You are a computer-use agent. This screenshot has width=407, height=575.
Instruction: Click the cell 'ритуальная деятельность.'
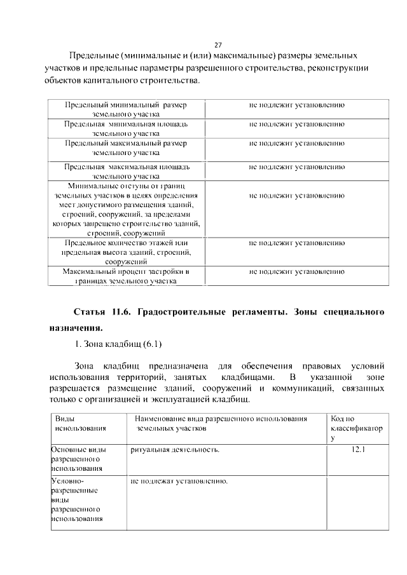(x=176, y=450)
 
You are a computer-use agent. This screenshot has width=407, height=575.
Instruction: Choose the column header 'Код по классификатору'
(x=355, y=428)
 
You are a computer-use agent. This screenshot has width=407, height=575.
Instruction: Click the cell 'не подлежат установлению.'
(x=179, y=480)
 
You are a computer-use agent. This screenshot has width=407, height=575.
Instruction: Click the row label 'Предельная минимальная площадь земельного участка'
(x=126, y=128)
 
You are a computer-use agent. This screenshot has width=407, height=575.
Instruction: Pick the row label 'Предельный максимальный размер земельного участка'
(x=126, y=148)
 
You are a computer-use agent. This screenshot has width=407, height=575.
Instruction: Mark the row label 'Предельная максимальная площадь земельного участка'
(x=126, y=172)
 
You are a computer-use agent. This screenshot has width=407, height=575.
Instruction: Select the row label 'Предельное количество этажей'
(x=126, y=252)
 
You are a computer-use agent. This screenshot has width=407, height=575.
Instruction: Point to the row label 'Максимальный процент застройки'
(x=126, y=276)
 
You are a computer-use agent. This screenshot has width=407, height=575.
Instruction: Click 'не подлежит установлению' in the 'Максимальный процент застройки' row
(x=296, y=272)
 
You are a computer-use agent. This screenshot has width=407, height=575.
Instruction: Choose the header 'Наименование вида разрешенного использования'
(x=220, y=424)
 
